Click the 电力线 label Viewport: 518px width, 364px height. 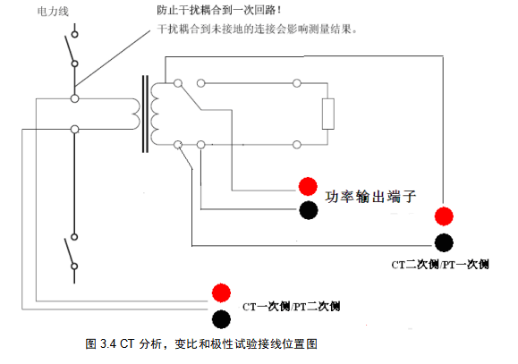click(x=53, y=12)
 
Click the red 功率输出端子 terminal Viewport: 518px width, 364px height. click(x=308, y=186)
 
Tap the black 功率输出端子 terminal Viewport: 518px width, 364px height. click(x=309, y=210)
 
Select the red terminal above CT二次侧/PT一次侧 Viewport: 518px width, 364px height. click(x=444, y=216)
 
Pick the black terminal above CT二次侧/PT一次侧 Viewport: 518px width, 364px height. click(x=444, y=242)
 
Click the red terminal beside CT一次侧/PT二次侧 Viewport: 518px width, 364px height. click(x=221, y=292)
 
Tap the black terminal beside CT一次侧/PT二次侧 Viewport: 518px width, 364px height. click(x=221, y=319)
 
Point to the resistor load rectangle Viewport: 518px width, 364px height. click(x=328, y=114)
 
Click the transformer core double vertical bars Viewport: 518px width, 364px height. click(x=145, y=114)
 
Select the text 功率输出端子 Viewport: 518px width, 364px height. click(x=370, y=197)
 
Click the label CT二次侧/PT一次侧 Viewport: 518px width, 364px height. click(x=440, y=265)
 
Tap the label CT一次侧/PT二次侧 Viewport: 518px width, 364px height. click(x=291, y=307)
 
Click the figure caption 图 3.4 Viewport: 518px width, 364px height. click(x=100, y=343)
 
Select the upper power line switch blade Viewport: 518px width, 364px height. click(x=70, y=48)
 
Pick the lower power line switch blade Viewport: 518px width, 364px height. click(x=70, y=251)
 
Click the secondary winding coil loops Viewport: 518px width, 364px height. click(x=155, y=114)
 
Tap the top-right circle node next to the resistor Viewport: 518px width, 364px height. click(x=297, y=83)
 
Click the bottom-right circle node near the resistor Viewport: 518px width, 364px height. click(x=297, y=145)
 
